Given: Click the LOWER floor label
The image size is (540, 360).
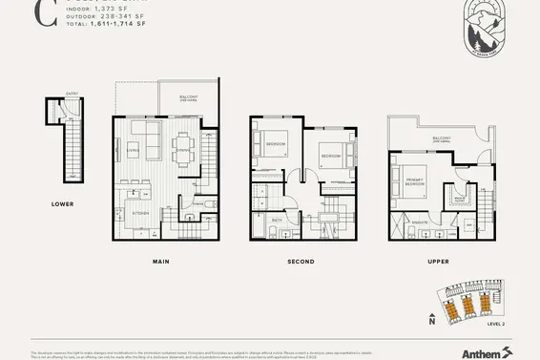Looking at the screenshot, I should tap(63, 204).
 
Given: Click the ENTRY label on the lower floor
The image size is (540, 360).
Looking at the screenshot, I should tap(59, 95).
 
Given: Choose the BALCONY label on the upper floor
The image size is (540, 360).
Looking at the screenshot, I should tap(441, 138).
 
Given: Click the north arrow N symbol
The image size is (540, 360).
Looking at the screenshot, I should tap(432, 321).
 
